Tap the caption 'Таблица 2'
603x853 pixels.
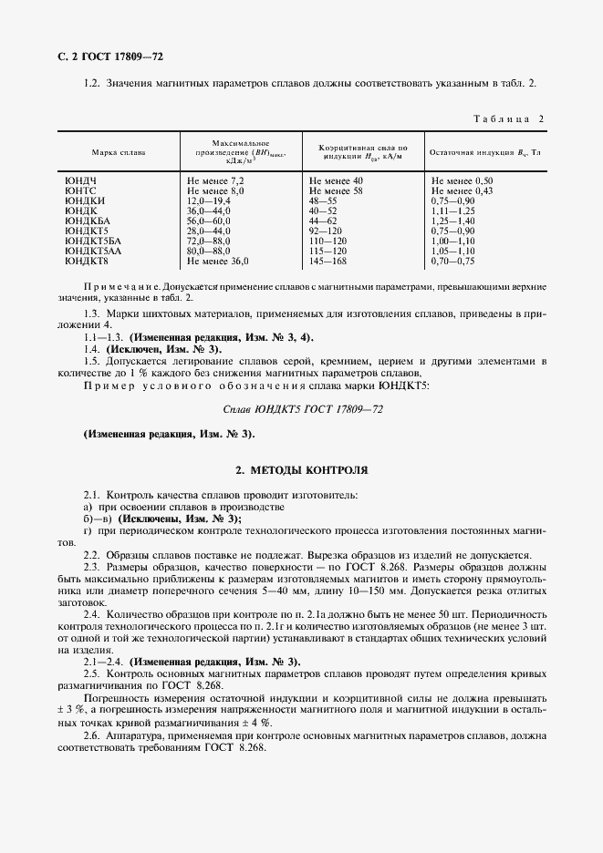pos(508,119)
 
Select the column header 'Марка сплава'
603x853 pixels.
pos(118,152)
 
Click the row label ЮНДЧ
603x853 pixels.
pos(80,182)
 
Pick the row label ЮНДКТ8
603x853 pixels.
pos(88,261)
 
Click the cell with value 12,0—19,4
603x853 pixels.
pos(209,201)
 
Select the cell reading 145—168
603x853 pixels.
pos(329,261)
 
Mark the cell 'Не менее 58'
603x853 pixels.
pos(337,191)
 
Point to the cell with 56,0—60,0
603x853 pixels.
pos(209,221)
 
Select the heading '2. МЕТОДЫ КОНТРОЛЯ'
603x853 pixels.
pos(301,470)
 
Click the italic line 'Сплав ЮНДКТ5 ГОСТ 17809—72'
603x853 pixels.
pos(301,410)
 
